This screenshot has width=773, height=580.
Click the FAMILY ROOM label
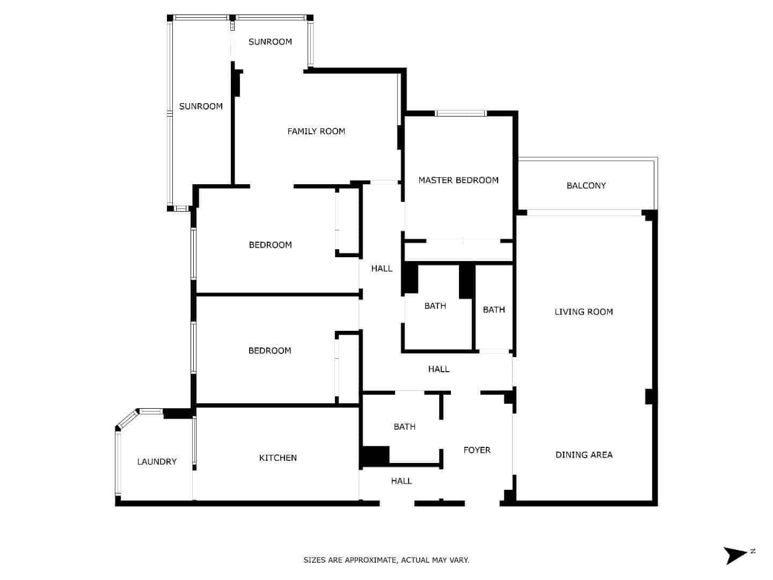point(316,132)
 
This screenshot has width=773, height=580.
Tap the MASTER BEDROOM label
point(458,180)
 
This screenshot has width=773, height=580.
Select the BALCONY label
point(586,186)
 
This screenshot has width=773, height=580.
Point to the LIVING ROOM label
point(584,311)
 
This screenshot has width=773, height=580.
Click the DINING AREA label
point(584,455)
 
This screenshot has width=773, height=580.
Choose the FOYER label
point(477,450)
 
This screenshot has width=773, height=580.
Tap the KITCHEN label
point(278,458)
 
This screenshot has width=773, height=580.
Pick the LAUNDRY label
point(157,462)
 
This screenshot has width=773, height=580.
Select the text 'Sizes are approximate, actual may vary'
point(386,560)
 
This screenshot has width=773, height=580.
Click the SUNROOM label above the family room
point(270,42)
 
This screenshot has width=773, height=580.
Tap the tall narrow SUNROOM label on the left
point(201,106)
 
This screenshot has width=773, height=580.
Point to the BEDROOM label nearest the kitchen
point(270,351)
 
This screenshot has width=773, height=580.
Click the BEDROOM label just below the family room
point(270,245)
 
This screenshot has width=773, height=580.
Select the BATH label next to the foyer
point(405,427)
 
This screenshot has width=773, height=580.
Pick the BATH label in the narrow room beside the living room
point(494,310)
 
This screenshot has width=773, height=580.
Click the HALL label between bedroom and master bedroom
point(382,269)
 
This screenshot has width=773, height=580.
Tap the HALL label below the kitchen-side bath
point(402,481)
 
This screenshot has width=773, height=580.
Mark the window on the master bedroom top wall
point(461,113)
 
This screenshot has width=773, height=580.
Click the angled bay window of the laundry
point(127,419)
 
